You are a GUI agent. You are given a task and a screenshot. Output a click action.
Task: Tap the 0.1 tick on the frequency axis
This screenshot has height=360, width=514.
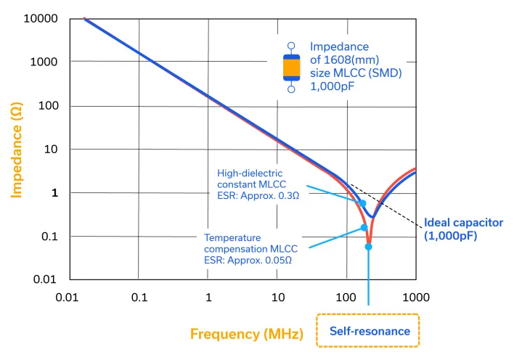pyautogui.click(x=139, y=297)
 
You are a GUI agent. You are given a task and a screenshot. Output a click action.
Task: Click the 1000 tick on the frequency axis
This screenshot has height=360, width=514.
pyautogui.click(x=415, y=297)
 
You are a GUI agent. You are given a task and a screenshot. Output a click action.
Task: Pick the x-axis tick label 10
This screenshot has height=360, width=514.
pyautogui.click(x=277, y=297)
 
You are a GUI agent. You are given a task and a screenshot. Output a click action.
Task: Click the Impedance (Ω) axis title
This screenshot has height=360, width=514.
pyautogui.click(x=16, y=149)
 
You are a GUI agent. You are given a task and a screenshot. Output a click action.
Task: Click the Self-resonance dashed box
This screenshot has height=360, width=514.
pyautogui.click(x=369, y=331)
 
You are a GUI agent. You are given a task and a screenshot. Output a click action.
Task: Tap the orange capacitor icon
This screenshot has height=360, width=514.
pyautogui.click(x=291, y=68)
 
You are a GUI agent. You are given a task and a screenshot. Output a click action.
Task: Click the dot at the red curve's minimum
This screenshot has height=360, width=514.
pyautogui.click(x=368, y=247)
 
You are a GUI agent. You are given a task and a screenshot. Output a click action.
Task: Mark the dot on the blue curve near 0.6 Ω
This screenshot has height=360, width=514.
pyautogui.click(x=363, y=203)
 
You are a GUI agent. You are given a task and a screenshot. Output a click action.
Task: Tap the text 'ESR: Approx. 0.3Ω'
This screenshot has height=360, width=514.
pyautogui.click(x=258, y=195)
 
